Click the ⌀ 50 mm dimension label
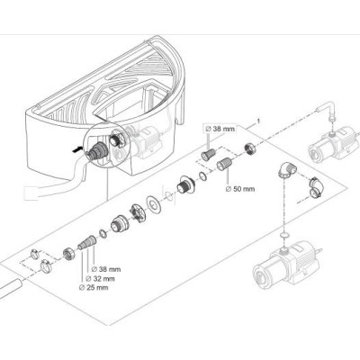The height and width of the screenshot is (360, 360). tap(239, 189)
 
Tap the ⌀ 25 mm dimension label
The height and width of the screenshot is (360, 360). tap(94, 288)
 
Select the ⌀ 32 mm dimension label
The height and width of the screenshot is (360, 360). tap(100, 279)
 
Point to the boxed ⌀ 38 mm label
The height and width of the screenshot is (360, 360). tap(220, 129)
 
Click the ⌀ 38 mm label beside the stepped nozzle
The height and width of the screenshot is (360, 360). tap(106, 269)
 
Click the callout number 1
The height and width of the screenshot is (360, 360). tap(258, 121)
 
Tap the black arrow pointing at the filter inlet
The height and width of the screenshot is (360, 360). tap(77, 148)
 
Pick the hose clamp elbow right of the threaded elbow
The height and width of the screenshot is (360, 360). tap(316, 187)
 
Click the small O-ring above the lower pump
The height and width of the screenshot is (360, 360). tap(283, 236)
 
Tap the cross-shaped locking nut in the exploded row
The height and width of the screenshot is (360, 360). tap(137, 213)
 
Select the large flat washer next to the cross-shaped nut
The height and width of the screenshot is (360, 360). tap(153, 205)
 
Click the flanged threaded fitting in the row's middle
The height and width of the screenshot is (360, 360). tap(184, 184)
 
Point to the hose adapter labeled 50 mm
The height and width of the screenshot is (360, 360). tap(224, 164)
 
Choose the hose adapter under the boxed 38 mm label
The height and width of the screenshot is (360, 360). tap(208, 155)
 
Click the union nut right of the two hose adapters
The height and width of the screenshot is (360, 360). tap(250, 148)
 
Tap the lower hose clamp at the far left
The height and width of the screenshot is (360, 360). tap(46, 265)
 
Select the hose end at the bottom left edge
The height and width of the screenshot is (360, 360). tap(11, 286)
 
